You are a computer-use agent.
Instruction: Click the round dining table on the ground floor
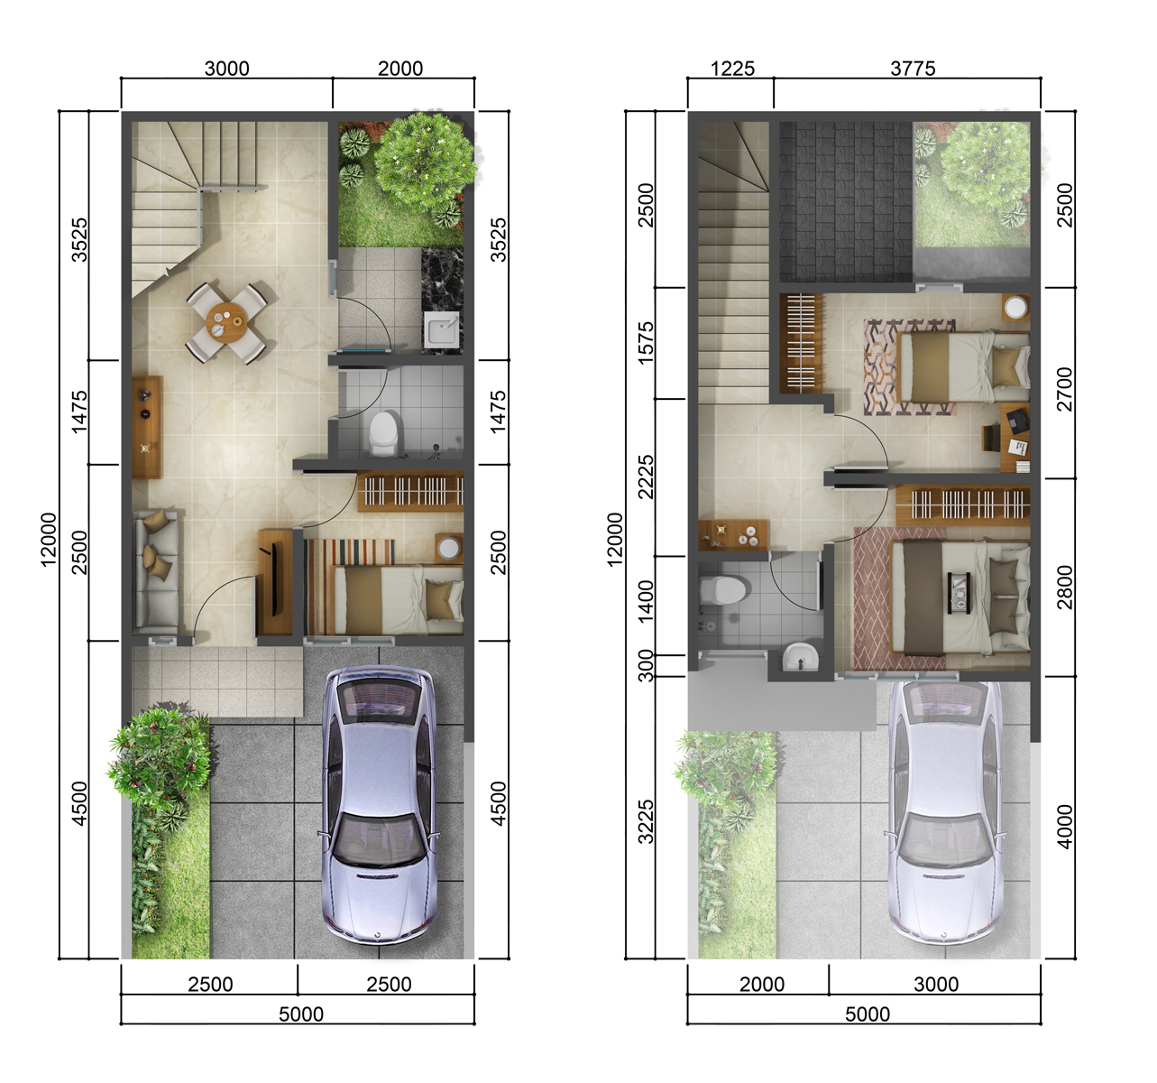[x=226, y=322]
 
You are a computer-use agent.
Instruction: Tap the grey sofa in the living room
[x=157, y=571]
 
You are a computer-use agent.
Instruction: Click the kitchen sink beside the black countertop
[x=442, y=329]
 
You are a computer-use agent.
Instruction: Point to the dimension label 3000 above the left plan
[x=226, y=69]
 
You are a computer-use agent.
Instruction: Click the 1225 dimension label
[x=732, y=69]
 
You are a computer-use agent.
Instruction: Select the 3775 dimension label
[x=913, y=69]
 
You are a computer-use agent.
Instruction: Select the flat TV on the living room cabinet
[x=273, y=578]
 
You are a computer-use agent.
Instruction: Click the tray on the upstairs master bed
[x=959, y=593]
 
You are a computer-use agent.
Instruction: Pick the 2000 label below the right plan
[x=761, y=985]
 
